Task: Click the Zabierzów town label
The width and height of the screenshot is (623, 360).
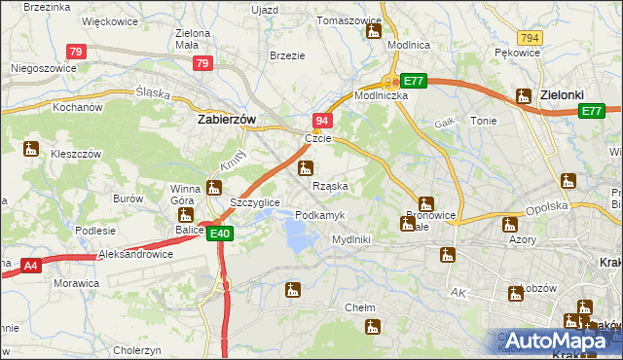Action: (226, 119)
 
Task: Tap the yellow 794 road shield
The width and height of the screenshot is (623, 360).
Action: (530, 37)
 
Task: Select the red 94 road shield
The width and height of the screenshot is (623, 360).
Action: (323, 120)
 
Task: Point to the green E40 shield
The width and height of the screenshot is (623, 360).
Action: (220, 233)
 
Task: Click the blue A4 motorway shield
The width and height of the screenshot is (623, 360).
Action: (29, 264)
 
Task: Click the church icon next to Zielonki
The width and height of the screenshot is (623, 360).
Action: (521, 97)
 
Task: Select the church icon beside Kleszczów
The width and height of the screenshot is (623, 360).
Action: (31, 149)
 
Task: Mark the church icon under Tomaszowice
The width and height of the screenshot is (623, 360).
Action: (373, 32)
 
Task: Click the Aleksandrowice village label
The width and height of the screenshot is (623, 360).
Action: (135, 253)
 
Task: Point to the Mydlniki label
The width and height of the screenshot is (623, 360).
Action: (350, 238)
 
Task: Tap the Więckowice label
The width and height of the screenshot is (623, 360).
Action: (108, 19)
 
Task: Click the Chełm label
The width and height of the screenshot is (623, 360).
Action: (360, 307)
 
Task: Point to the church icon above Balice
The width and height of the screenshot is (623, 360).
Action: (185, 215)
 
